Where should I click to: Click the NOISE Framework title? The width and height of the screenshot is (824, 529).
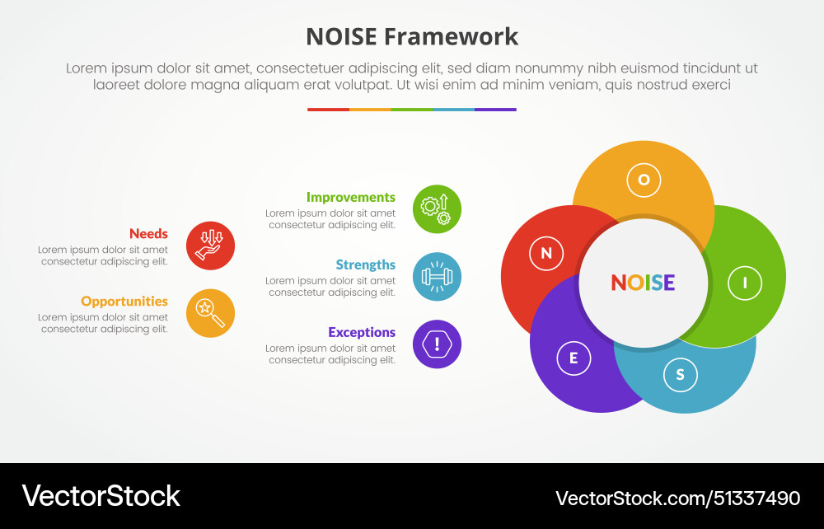412,36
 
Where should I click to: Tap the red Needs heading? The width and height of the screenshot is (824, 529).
148,234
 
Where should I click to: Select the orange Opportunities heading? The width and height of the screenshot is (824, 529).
124,302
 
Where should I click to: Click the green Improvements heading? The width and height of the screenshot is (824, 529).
351,198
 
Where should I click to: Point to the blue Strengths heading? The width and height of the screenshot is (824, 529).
365,265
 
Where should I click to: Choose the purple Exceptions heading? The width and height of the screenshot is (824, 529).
362,333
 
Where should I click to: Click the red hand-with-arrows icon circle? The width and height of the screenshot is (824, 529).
211,246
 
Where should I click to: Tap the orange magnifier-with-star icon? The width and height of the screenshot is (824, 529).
211,313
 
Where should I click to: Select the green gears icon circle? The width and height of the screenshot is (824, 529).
437,209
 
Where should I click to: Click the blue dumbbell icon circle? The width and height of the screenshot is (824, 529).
437,277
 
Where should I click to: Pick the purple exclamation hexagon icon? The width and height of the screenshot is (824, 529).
437,344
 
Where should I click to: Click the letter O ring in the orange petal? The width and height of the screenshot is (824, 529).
644,180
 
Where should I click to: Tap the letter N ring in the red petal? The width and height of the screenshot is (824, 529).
546,254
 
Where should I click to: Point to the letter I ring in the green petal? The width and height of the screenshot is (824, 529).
745,283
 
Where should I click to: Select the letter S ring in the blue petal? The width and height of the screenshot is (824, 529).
680,375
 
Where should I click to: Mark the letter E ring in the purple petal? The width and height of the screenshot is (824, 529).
574,358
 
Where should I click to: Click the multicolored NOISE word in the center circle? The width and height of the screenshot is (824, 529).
643,283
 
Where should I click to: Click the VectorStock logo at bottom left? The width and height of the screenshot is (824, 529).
101,496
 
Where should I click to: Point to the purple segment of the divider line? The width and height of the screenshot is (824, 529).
495,110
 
